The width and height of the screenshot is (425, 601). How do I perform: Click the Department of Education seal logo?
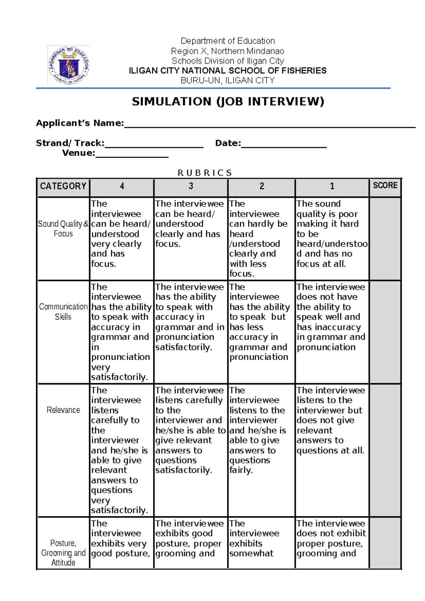[69, 65]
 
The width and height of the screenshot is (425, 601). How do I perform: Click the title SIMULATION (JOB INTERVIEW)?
[228, 102]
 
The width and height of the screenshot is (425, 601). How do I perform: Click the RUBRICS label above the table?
[204, 173]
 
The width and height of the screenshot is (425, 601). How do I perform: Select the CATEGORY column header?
[63, 186]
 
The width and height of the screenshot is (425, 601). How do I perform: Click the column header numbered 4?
[122, 186]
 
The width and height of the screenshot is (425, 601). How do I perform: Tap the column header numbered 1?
[332, 186]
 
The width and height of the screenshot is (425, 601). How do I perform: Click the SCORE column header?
[385, 185]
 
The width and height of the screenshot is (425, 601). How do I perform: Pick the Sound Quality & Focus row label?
[63, 229]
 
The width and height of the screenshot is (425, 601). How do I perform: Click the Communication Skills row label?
[63, 312]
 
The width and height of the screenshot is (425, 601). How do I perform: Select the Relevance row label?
[63, 410]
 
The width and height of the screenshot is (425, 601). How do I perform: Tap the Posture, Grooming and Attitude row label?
[63, 553]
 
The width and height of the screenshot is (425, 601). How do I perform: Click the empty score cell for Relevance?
[385, 450]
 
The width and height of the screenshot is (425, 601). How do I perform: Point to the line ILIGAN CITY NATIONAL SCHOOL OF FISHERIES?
[228, 71]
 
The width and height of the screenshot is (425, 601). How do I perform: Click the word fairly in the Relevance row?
[240, 470]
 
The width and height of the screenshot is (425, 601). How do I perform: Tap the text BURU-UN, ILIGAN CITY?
[228, 80]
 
